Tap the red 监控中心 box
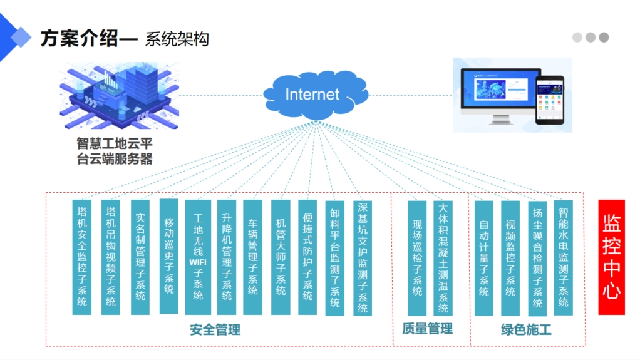tap(611, 257)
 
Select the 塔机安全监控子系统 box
tap(82, 257)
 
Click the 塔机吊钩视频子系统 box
tap(111, 257)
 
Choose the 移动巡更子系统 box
tap(169, 256)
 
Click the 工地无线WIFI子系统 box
tap(198, 257)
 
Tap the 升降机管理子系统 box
tap(227, 257)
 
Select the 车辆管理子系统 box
tap(253, 257)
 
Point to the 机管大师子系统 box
tap(281, 257)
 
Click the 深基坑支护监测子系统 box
tap(363, 257)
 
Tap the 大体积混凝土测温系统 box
tap(443, 257)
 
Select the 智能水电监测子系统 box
tap(563, 257)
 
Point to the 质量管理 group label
tap(427, 329)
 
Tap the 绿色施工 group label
tap(526, 329)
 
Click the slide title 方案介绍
tap(79, 39)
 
